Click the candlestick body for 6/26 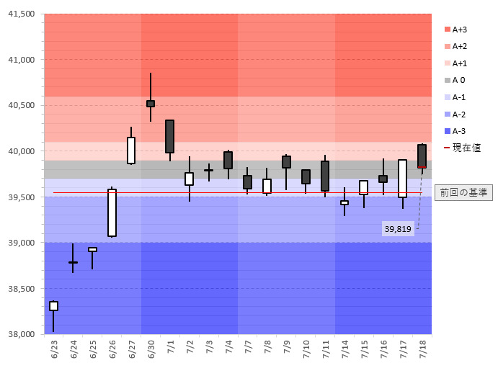coord(112,212)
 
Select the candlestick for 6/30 coord(151,104)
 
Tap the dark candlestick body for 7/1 coord(170,136)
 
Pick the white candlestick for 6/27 coord(131,151)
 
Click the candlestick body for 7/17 coord(402,179)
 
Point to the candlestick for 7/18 coord(422,156)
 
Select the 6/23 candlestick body coord(53,306)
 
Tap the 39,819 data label coord(398,228)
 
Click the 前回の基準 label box coord(463,192)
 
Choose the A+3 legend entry coord(461,30)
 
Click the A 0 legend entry coord(459,80)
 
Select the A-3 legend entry coord(460,130)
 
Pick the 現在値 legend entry coord(463,148)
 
